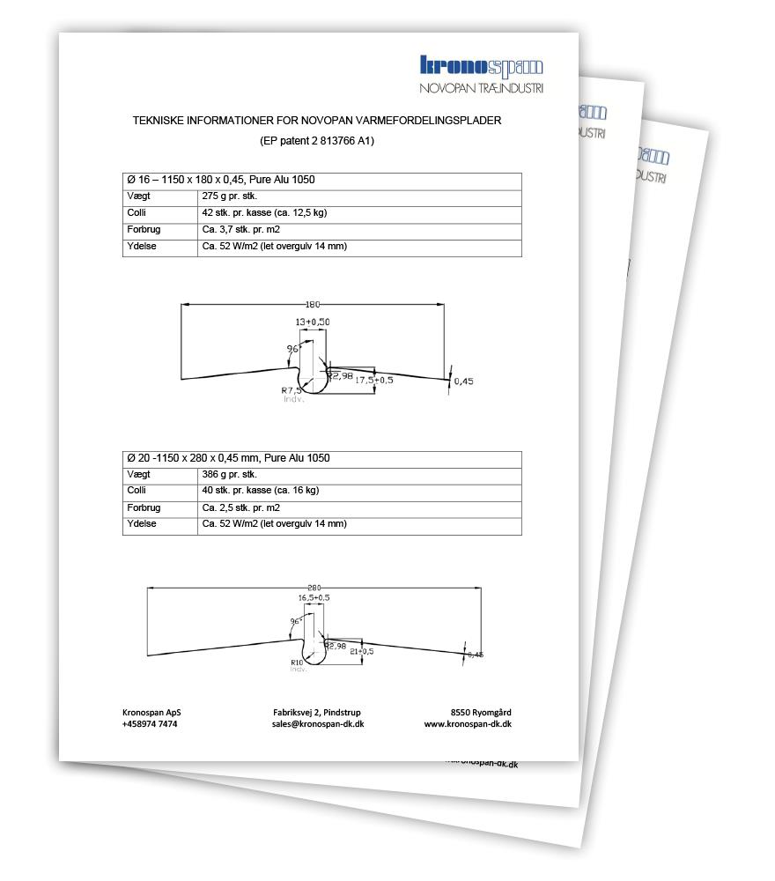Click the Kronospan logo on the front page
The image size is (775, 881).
481,66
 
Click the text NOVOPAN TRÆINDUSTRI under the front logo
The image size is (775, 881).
481,88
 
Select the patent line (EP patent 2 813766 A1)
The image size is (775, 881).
318,141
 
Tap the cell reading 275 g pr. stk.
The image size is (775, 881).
232,196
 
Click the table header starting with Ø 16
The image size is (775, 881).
221,180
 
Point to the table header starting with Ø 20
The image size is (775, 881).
229,458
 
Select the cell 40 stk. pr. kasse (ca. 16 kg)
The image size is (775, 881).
261,491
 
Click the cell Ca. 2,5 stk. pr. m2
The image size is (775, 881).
241,507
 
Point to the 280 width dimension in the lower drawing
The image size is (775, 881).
314,588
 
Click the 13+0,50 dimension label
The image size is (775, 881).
313,322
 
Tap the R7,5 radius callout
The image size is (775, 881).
292,390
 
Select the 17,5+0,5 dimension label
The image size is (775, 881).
373,381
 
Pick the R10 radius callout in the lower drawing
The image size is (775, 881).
297,663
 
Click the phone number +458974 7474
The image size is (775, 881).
150,723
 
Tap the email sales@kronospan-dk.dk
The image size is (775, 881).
318,723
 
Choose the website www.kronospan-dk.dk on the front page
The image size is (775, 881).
468,723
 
